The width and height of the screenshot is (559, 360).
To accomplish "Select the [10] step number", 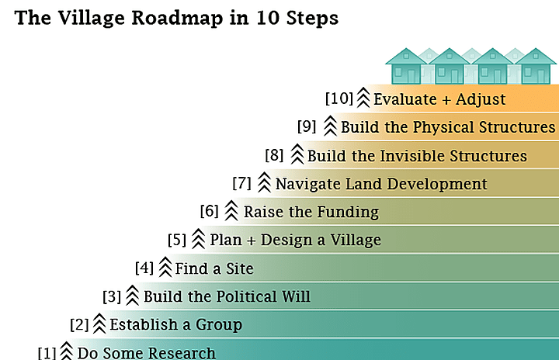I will tap(339, 99).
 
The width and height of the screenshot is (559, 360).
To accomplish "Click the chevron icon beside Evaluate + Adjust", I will tap(363, 98).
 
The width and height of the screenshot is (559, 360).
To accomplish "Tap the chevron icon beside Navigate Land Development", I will tap(264, 183).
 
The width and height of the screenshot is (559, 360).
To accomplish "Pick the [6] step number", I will tap(210, 211).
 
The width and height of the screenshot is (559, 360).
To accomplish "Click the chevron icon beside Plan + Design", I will tap(198, 239).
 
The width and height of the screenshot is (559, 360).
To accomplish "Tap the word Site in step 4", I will tap(238, 268).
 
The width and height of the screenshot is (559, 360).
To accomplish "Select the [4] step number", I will tap(144, 268).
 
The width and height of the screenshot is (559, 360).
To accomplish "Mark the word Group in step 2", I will tap(218, 324).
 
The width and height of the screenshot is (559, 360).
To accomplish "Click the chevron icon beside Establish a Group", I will tap(99, 324).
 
